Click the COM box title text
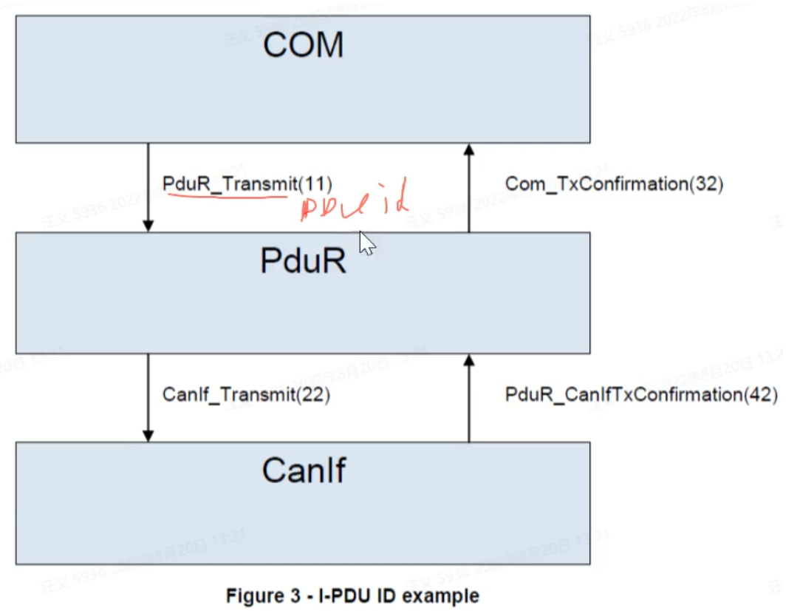(304, 46)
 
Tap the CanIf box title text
(304, 470)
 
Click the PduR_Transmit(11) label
(247, 183)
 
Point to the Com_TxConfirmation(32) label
(614, 184)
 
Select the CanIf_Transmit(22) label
(246, 395)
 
